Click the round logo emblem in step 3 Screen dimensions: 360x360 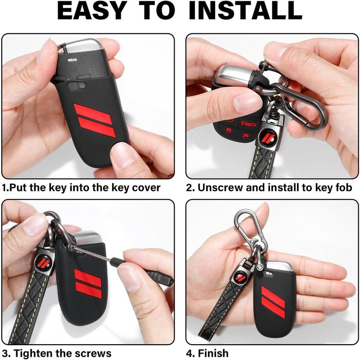point(44,262)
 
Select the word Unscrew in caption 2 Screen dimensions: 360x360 point(219,188)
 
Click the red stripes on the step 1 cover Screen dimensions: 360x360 point(94,119)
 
